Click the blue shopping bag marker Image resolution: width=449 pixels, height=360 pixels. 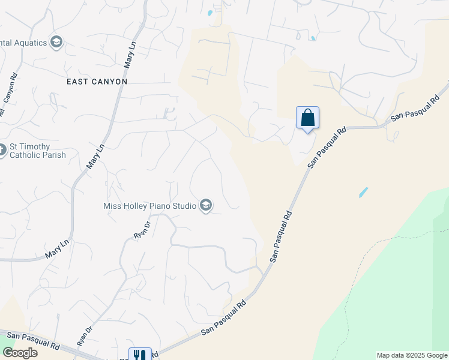coord(307,118)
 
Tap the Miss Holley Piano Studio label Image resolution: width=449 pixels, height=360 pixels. coord(150,206)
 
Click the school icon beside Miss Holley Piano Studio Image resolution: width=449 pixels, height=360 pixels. coord(206,206)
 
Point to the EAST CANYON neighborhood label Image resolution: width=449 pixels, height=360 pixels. coord(98,81)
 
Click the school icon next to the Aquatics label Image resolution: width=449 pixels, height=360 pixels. coord(56,42)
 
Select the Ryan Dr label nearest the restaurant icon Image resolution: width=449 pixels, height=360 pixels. coord(85,336)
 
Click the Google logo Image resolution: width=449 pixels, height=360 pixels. coord(20,352)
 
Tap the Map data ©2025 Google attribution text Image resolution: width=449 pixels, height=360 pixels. coord(412,355)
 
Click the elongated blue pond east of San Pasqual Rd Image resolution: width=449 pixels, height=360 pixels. coord(363,193)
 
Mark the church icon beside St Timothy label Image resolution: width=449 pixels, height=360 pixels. coord(2,150)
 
